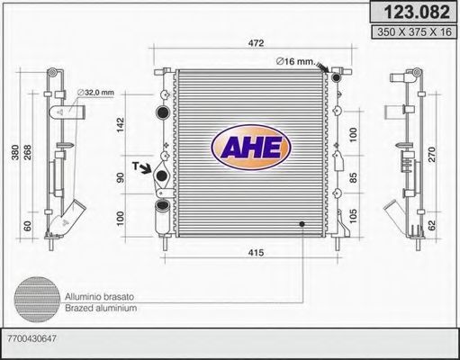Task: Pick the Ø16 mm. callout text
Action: [295, 61]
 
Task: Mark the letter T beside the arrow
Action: [134, 166]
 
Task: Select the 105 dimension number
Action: [354, 217]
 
